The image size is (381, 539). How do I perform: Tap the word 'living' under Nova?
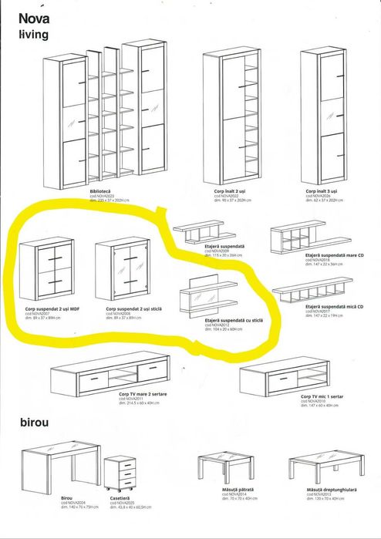[35, 34]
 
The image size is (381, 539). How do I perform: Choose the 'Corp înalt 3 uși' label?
[323, 189]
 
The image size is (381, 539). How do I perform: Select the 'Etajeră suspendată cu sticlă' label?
[234, 319]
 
